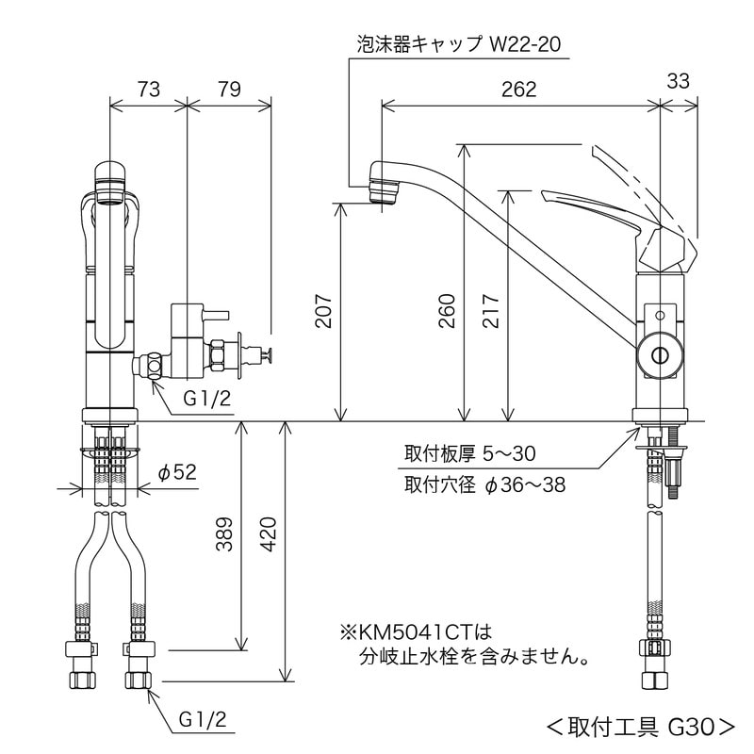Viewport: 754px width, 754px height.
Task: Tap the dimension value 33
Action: pos(677,82)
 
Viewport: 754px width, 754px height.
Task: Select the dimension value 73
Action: pos(148,90)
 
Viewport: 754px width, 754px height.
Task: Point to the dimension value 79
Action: pos(229,90)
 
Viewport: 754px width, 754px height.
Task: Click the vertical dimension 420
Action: pos(269,534)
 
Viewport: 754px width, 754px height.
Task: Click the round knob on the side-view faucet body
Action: pos(659,355)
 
